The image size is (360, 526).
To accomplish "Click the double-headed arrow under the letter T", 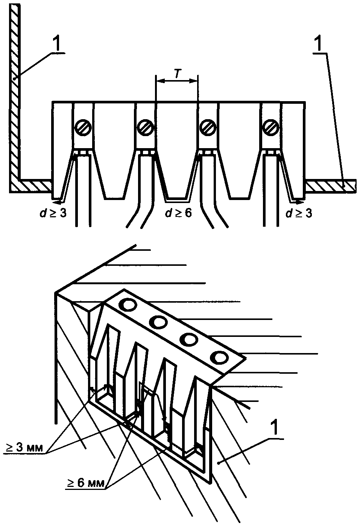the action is point(177,81).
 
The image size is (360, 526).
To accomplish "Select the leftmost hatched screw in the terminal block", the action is point(83,127).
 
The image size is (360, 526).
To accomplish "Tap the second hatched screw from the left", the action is point(146,127).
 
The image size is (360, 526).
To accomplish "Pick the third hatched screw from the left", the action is point(208,127).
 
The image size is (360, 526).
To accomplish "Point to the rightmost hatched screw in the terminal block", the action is point(271,127).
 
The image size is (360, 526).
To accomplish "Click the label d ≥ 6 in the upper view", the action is point(179,213).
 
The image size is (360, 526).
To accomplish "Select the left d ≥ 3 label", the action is point(53,213).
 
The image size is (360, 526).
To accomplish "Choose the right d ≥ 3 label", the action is point(299,213).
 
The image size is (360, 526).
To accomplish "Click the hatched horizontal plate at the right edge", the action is point(331,186).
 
